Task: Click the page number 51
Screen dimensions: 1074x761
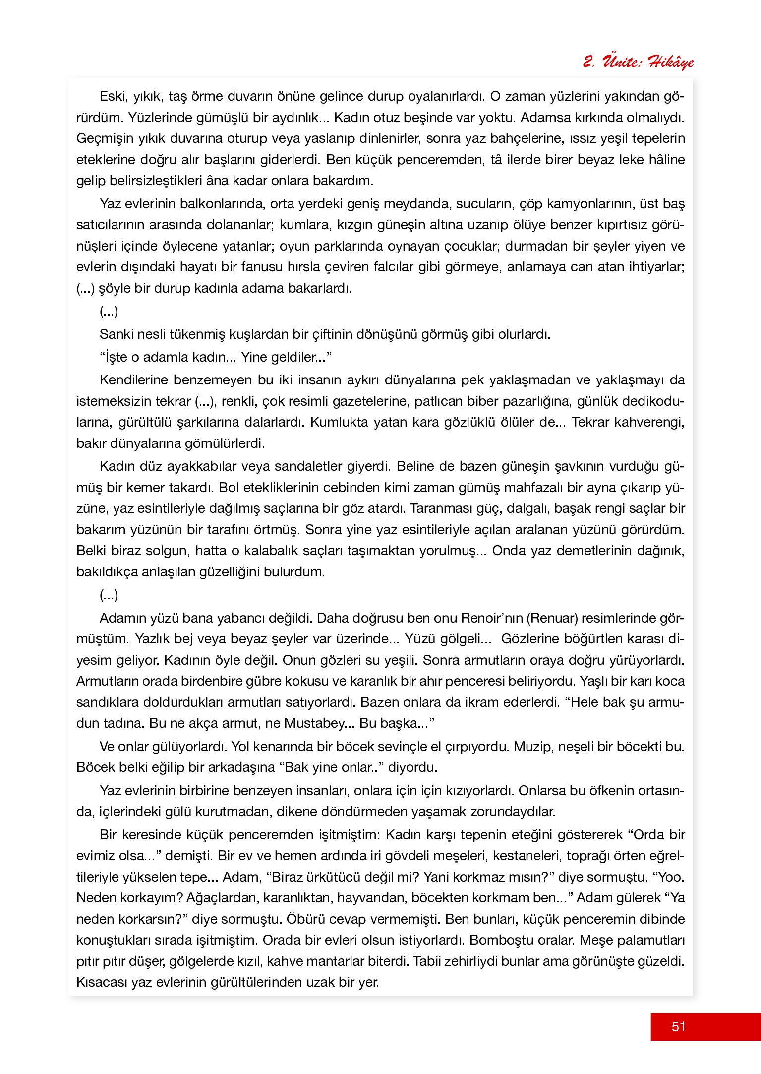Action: [x=678, y=1026]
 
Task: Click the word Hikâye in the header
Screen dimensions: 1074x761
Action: [x=670, y=62]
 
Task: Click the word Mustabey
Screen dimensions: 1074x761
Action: [x=314, y=723]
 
